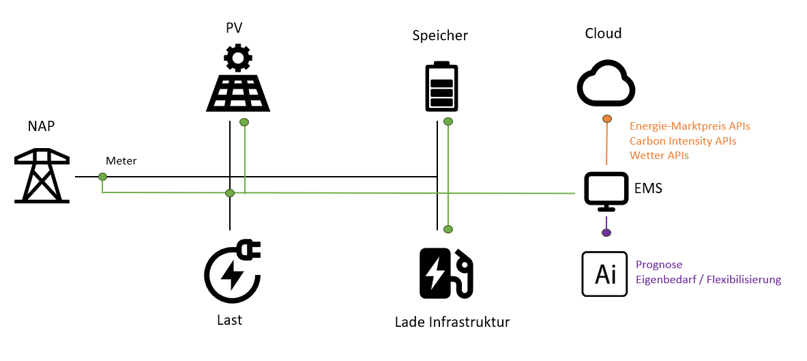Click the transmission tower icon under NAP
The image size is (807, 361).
(42, 177)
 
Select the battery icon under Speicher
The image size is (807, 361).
(441, 87)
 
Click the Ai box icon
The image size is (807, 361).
(604, 274)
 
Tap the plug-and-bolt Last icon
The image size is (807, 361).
(232, 272)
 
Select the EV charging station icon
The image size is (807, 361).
(445, 272)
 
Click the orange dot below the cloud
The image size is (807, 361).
(606, 119)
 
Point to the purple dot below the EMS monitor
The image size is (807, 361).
(606, 233)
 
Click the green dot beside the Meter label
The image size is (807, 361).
(102, 177)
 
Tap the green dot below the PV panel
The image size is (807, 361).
(244, 123)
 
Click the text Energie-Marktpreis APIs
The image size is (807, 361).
(690, 126)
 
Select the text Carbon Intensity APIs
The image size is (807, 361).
(683, 141)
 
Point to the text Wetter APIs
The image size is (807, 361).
(659, 156)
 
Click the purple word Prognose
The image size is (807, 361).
(659, 265)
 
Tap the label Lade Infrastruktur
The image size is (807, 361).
(452, 321)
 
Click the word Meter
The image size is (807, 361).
(121, 161)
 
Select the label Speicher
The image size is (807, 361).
(440, 36)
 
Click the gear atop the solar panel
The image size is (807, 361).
(238, 58)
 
